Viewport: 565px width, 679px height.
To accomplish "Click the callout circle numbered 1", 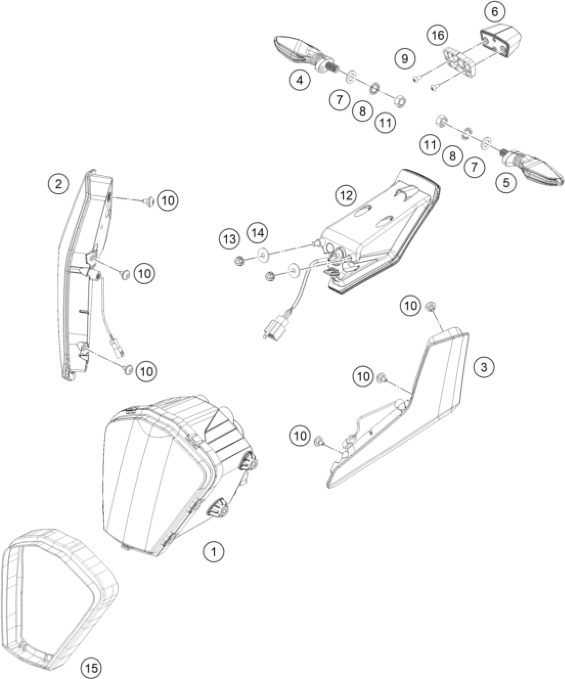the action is tap(214, 552).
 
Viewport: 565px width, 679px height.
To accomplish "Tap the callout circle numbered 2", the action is tap(58, 183).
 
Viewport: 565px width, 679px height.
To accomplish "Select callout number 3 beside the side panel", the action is tap(484, 367).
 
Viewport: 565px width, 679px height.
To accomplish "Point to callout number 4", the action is tap(300, 80).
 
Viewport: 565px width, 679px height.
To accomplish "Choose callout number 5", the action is tap(506, 182).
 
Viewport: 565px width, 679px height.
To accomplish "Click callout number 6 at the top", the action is tap(495, 12).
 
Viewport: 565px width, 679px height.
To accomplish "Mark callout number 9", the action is tap(405, 59).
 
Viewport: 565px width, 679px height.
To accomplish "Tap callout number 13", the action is tap(230, 239).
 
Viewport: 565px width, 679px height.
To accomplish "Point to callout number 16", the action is tap(438, 35).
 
